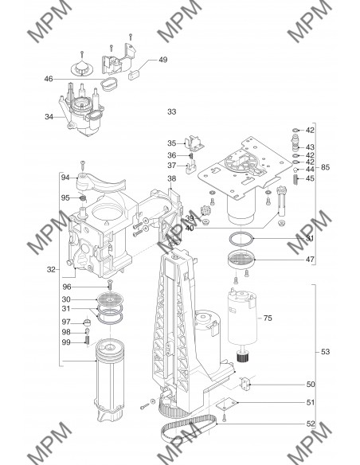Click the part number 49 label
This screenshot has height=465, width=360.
[x=163, y=60]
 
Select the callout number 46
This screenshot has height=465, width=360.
[x=49, y=79]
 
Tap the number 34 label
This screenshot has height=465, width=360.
[x=49, y=117]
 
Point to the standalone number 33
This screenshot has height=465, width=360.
[x=172, y=111]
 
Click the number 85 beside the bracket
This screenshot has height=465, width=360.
[x=325, y=167]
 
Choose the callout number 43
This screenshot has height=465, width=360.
[x=310, y=147]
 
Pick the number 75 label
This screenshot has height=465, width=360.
[x=268, y=318]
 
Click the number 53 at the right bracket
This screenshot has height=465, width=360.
[x=325, y=352]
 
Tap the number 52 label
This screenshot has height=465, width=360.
[x=311, y=424]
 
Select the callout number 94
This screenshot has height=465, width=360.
[x=65, y=178]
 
